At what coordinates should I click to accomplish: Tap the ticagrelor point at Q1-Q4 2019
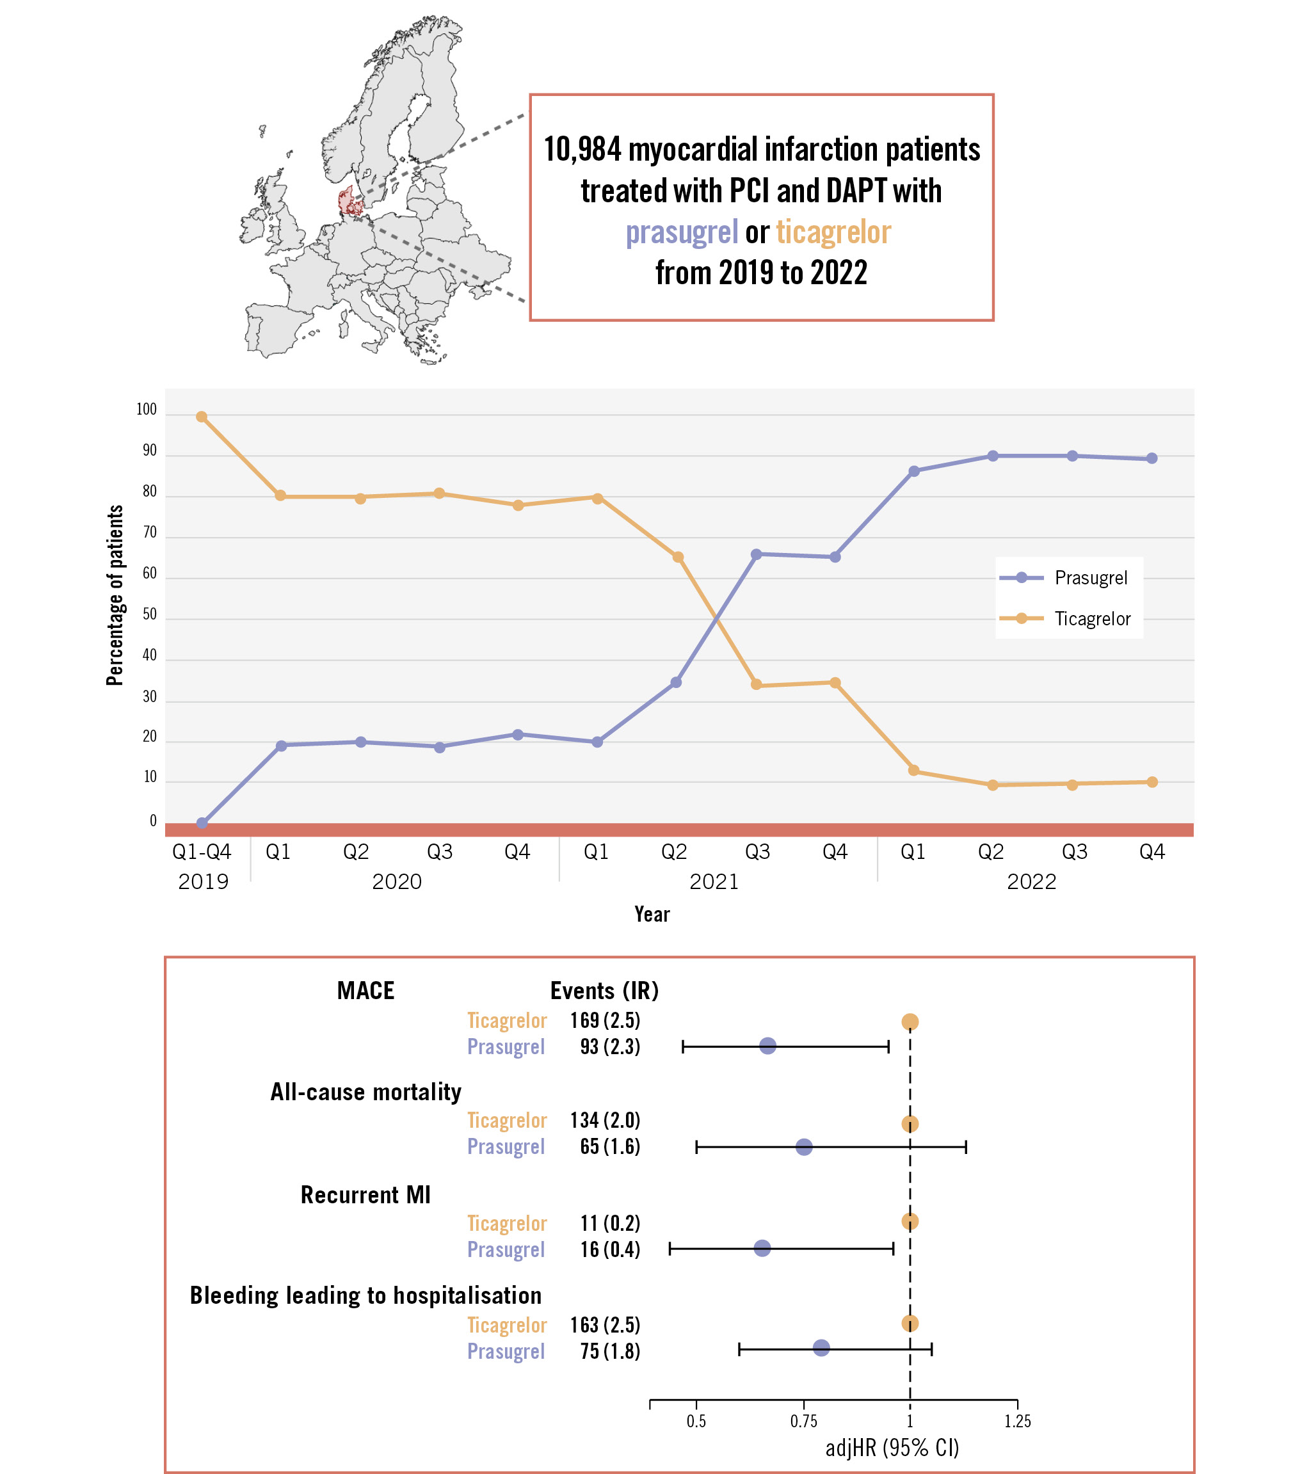(x=202, y=417)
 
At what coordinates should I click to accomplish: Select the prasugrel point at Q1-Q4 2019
(x=202, y=823)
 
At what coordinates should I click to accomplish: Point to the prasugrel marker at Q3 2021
(x=757, y=554)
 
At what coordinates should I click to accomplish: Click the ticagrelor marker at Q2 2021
(x=678, y=557)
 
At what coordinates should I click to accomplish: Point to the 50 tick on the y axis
(x=149, y=614)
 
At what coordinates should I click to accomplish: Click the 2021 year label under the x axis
(x=714, y=882)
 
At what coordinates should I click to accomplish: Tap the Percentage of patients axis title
(x=115, y=595)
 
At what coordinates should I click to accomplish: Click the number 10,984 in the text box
(x=582, y=150)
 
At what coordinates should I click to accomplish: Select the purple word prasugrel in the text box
(x=682, y=233)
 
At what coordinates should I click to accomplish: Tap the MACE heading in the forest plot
(x=365, y=991)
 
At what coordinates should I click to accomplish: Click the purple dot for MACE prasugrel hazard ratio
(x=768, y=1046)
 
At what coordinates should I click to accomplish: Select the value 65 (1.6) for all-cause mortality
(x=610, y=1146)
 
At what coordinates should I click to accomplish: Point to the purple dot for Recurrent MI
(x=762, y=1247)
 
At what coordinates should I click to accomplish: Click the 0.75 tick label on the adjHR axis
(x=803, y=1422)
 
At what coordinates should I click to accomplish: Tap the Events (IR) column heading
(x=604, y=991)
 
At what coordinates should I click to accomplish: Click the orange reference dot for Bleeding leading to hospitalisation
(x=910, y=1324)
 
